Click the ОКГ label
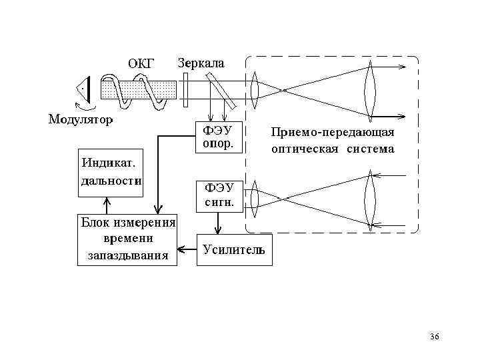point(141,63)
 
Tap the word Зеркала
point(201,63)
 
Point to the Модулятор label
point(80,120)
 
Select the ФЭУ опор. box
point(214,136)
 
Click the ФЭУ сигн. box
point(214,195)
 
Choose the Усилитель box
point(234,249)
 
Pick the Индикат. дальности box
point(111,172)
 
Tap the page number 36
point(435,337)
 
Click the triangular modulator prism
point(83,89)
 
